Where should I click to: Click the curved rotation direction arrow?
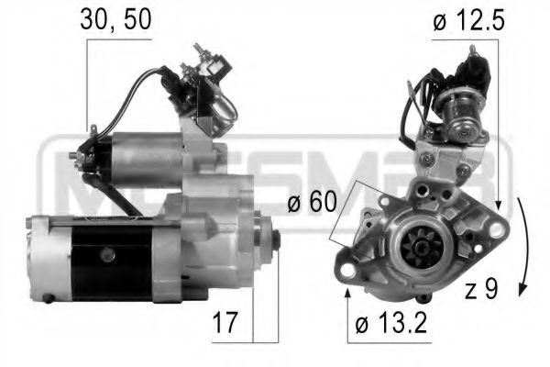520,248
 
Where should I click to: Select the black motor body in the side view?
110,261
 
